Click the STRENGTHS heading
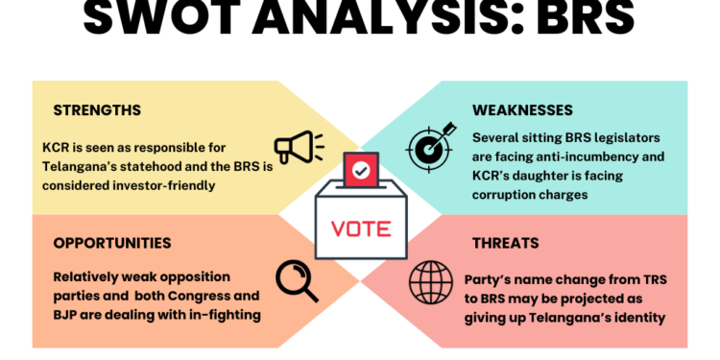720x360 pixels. tap(98, 109)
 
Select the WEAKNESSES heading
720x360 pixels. tap(522, 109)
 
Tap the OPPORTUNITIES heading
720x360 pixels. tap(112, 243)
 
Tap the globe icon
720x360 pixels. tap(430, 280)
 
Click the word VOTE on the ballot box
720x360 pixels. tap(360, 229)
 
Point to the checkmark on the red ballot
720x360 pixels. tap(360, 171)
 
